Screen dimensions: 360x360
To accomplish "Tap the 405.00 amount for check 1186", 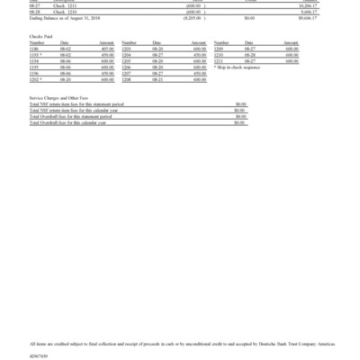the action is [x=106, y=49].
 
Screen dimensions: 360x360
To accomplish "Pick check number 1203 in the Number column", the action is [x=127, y=49].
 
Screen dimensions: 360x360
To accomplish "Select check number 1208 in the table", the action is [x=127, y=78].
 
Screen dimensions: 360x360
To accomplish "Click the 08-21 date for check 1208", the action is [x=157, y=78].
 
